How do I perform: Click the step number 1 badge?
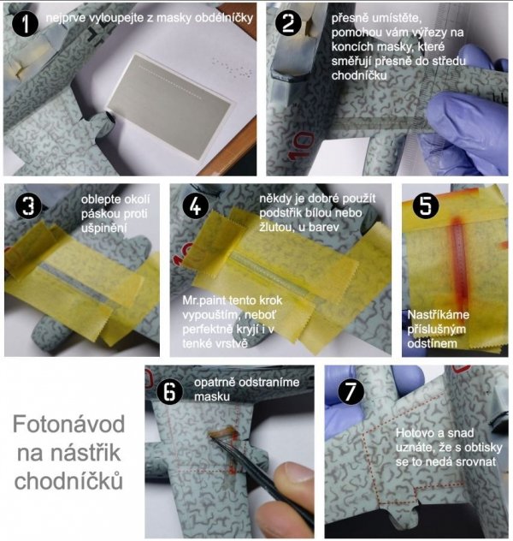point(25,24)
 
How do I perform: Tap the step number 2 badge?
point(288,23)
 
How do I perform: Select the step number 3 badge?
point(29,206)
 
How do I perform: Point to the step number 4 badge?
point(195,205)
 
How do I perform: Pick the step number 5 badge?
point(426,206)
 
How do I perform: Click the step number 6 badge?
point(169,391)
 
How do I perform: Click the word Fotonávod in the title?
point(69,424)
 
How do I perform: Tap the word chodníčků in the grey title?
point(68,480)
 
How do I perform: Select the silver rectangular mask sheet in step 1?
point(168,106)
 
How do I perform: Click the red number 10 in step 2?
point(301,146)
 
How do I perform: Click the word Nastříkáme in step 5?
point(439,315)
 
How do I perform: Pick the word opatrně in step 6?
point(215,383)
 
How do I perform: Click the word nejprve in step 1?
point(66,18)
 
